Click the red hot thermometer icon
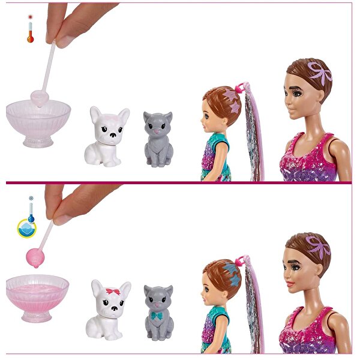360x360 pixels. point(30,31)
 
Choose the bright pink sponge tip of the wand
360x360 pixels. point(35,256)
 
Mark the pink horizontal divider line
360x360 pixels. point(180,182)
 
